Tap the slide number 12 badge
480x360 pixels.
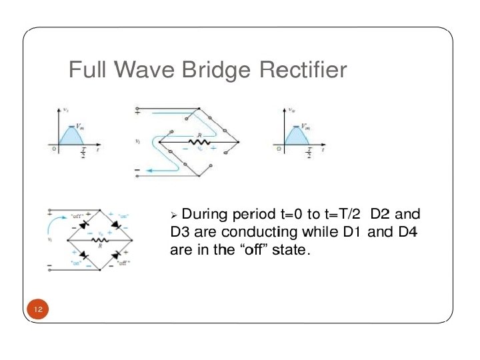pos(38,309)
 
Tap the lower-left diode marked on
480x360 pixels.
pos(85,255)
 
